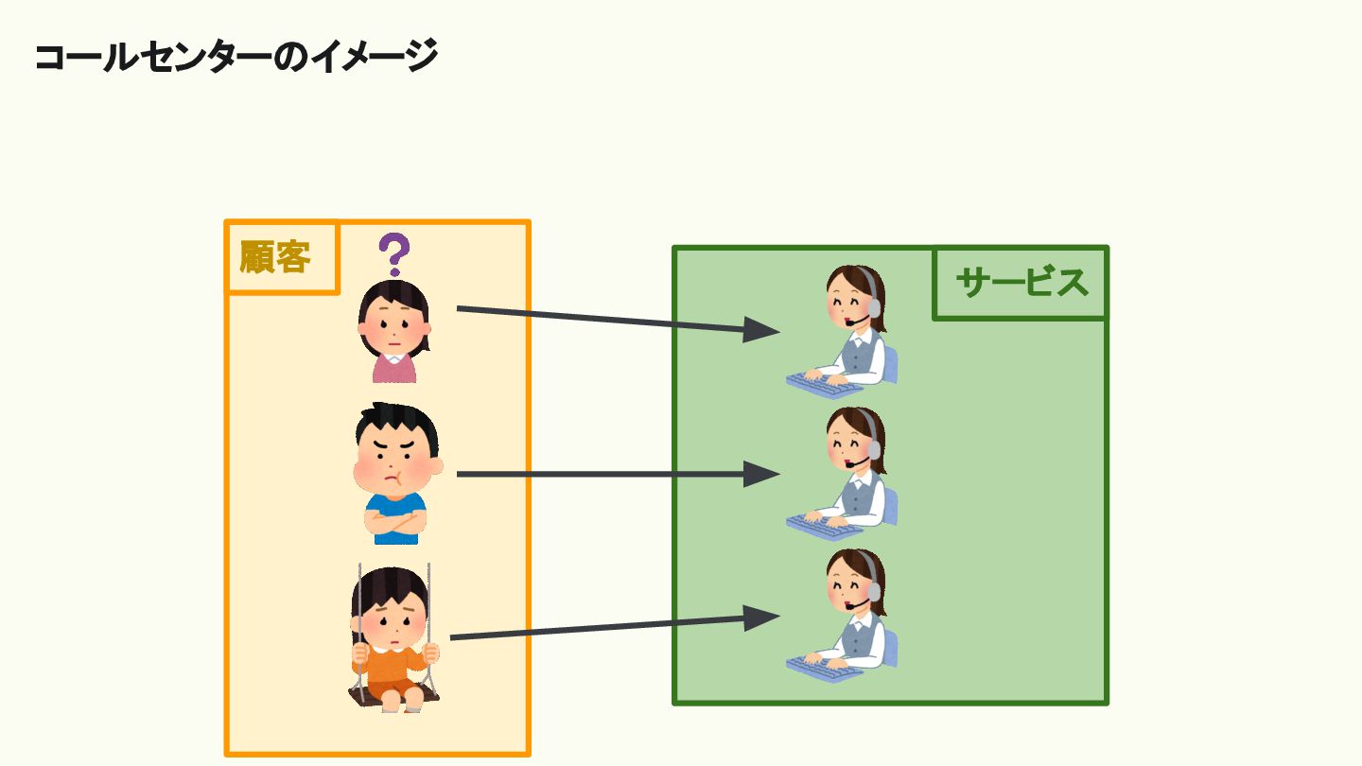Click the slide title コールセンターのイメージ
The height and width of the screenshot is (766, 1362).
(x=236, y=57)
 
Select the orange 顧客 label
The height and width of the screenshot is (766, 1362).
(x=275, y=257)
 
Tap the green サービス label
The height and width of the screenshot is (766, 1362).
(x=1021, y=282)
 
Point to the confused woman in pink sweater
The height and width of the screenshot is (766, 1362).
(x=394, y=331)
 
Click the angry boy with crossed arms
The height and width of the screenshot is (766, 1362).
(x=397, y=473)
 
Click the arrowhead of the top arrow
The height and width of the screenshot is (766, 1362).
(x=762, y=330)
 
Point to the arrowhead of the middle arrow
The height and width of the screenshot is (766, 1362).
(x=762, y=474)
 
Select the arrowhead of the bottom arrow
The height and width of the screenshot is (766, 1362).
(x=762, y=618)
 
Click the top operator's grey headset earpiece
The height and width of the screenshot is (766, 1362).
(x=875, y=307)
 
